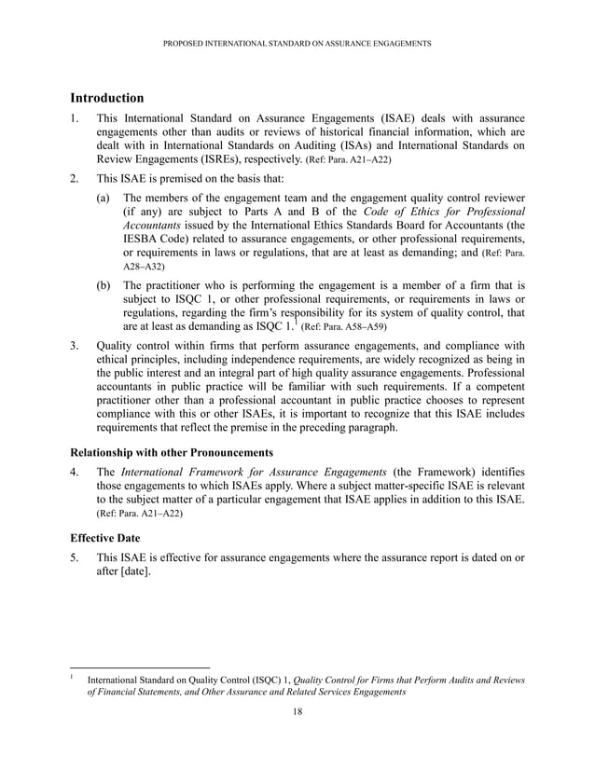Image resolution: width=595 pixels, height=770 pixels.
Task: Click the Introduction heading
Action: pyautogui.click(x=107, y=97)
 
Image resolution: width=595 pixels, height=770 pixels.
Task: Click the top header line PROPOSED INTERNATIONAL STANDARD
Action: pyautogui.click(x=297, y=44)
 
